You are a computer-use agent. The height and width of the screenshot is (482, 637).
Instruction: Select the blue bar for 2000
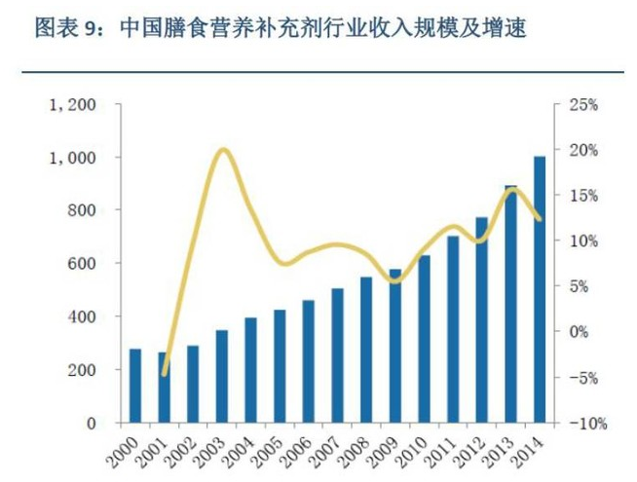click(x=135, y=386)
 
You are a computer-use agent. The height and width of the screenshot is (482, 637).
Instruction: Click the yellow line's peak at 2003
click(x=222, y=149)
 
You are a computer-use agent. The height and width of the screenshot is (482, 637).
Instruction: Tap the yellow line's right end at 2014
click(x=540, y=219)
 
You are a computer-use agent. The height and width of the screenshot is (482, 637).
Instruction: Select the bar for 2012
click(x=481, y=320)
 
